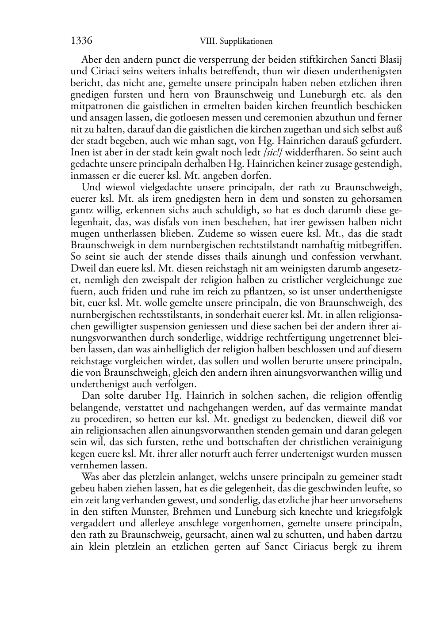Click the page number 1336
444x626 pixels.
point(81,41)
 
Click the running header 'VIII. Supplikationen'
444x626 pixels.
point(236,41)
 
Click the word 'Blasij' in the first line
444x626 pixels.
point(389,59)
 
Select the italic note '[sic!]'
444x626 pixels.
point(273,152)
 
